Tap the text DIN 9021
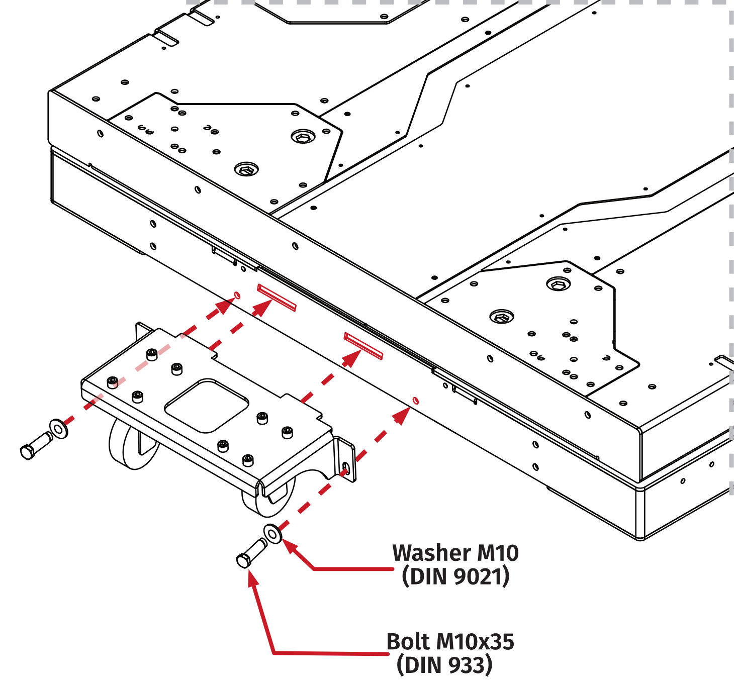455,576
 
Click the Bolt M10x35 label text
450,642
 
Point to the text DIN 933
444,665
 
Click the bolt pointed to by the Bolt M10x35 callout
250,553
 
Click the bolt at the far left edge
35,445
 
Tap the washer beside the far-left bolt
59,429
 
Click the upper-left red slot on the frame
276,297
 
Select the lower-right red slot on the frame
363,345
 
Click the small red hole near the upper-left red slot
237,296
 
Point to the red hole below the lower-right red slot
415,401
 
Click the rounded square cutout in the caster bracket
207,406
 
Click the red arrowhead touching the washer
290,546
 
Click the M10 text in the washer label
497,553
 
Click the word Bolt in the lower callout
408,642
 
